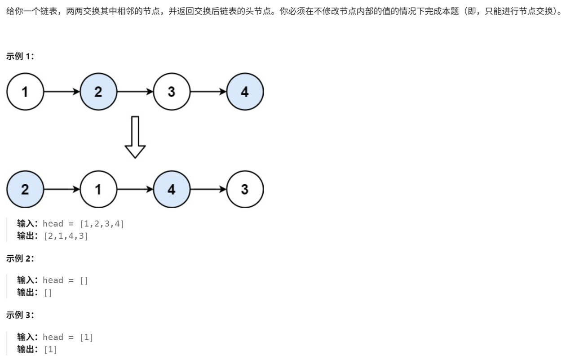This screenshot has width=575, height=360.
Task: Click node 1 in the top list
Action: [25, 92]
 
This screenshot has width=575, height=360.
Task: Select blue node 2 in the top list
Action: [98, 92]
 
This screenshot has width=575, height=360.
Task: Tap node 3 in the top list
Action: [171, 92]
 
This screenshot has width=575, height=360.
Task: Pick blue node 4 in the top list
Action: [244, 92]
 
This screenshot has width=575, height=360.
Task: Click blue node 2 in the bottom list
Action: [25, 189]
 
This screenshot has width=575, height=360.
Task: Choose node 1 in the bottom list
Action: [98, 189]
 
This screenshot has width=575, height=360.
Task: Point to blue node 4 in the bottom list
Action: [171, 189]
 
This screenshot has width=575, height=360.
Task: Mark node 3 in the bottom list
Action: [244, 189]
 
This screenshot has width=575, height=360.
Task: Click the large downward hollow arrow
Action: [135, 137]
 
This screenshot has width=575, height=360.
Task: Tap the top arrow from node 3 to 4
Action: [208, 92]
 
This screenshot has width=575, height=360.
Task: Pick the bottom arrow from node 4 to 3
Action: [208, 189]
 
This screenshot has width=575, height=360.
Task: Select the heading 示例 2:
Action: [20, 258]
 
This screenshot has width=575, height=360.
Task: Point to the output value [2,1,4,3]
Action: [66, 236]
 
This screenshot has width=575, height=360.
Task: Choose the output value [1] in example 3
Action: [50, 349]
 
